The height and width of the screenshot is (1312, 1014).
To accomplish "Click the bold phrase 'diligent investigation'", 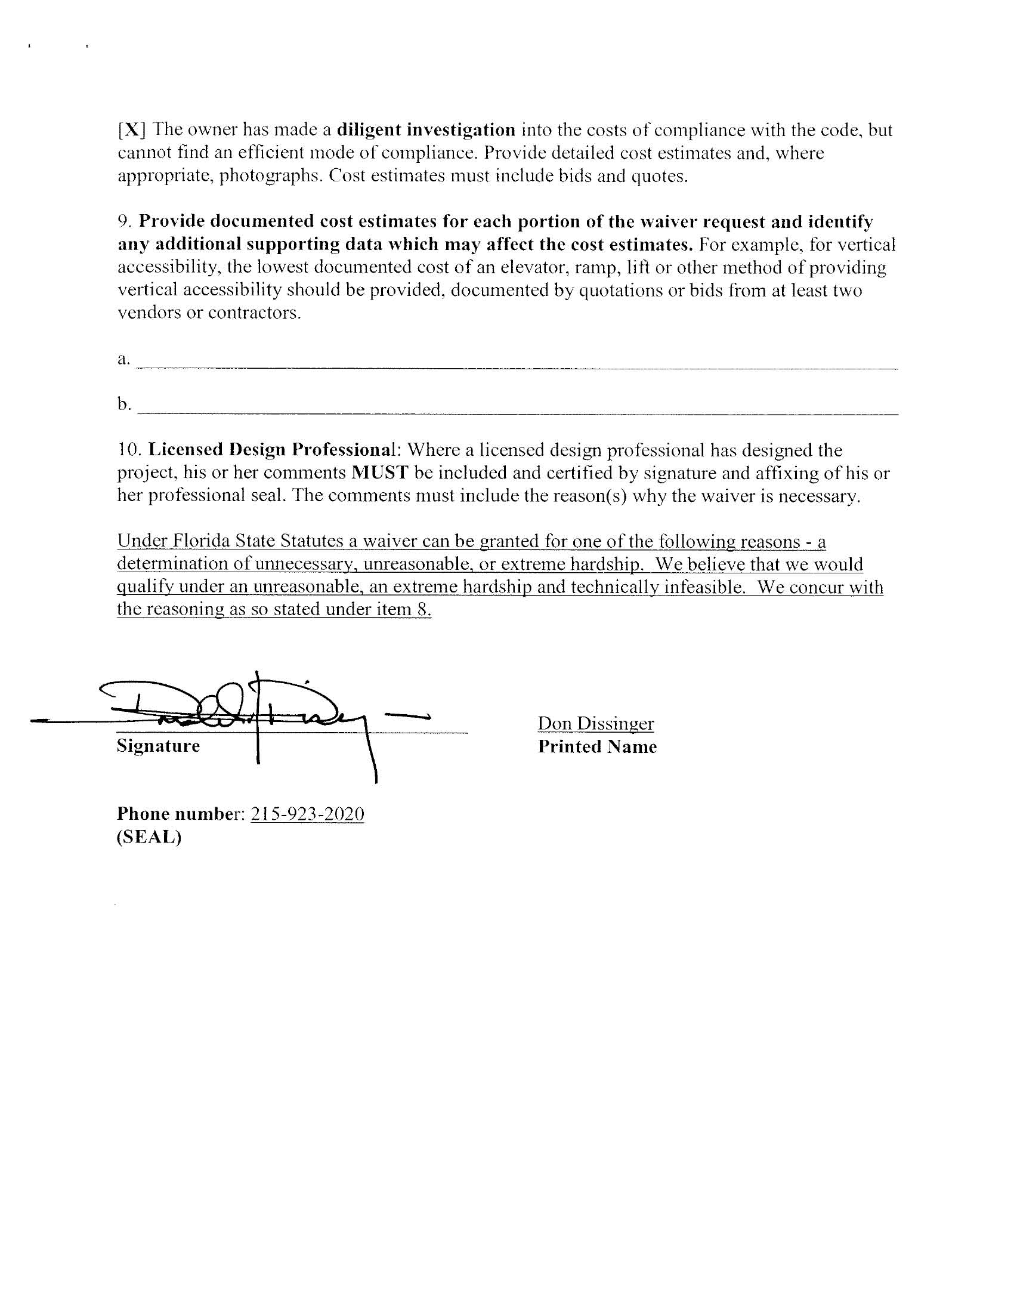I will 426,129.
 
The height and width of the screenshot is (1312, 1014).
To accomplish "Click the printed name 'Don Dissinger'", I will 595,723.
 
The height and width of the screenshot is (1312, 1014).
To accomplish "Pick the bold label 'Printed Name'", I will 597,747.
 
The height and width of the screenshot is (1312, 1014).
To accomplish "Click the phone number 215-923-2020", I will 307,814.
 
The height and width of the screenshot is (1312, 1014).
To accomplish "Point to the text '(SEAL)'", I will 149,837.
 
